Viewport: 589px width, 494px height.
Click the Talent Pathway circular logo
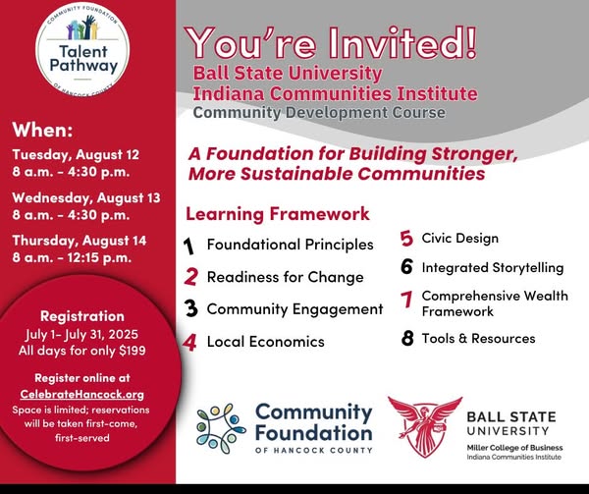pyautogui.click(x=82, y=49)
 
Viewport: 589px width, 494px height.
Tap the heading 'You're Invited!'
pyautogui.click(x=331, y=42)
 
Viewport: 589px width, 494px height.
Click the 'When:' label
pyautogui.click(x=42, y=130)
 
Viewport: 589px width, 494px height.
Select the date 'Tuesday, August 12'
pyautogui.click(x=76, y=154)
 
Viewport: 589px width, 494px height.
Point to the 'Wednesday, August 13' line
pyautogui.click(x=86, y=197)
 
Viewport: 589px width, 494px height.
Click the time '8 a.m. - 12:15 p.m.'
pyautogui.click(x=72, y=257)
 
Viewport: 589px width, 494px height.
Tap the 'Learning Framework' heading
pyautogui.click(x=278, y=214)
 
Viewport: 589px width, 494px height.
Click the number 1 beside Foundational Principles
pyautogui.click(x=188, y=247)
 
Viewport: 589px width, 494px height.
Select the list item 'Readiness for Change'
pyautogui.click(x=286, y=277)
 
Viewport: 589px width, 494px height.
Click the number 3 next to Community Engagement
pyautogui.click(x=190, y=308)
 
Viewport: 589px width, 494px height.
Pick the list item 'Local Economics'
pyautogui.click(x=266, y=342)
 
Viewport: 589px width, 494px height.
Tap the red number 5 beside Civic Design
pyautogui.click(x=406, y=239)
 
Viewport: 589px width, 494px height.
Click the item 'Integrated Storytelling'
pyautogui.click(x=493, y=267)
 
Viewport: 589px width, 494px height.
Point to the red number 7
pyautogui.click(x=406, y=300)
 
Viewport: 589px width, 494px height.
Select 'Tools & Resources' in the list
pyautogui.click(x=479, y=338)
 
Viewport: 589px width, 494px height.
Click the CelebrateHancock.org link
pyautogui.click(x=82, y=394)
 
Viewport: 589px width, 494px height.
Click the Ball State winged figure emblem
pyautogui.click(x=425, y=426)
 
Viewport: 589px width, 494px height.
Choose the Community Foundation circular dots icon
pyautogui.click(x=221, y=428)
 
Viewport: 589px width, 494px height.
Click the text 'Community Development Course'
pyautogui.click(x=319, y=112)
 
